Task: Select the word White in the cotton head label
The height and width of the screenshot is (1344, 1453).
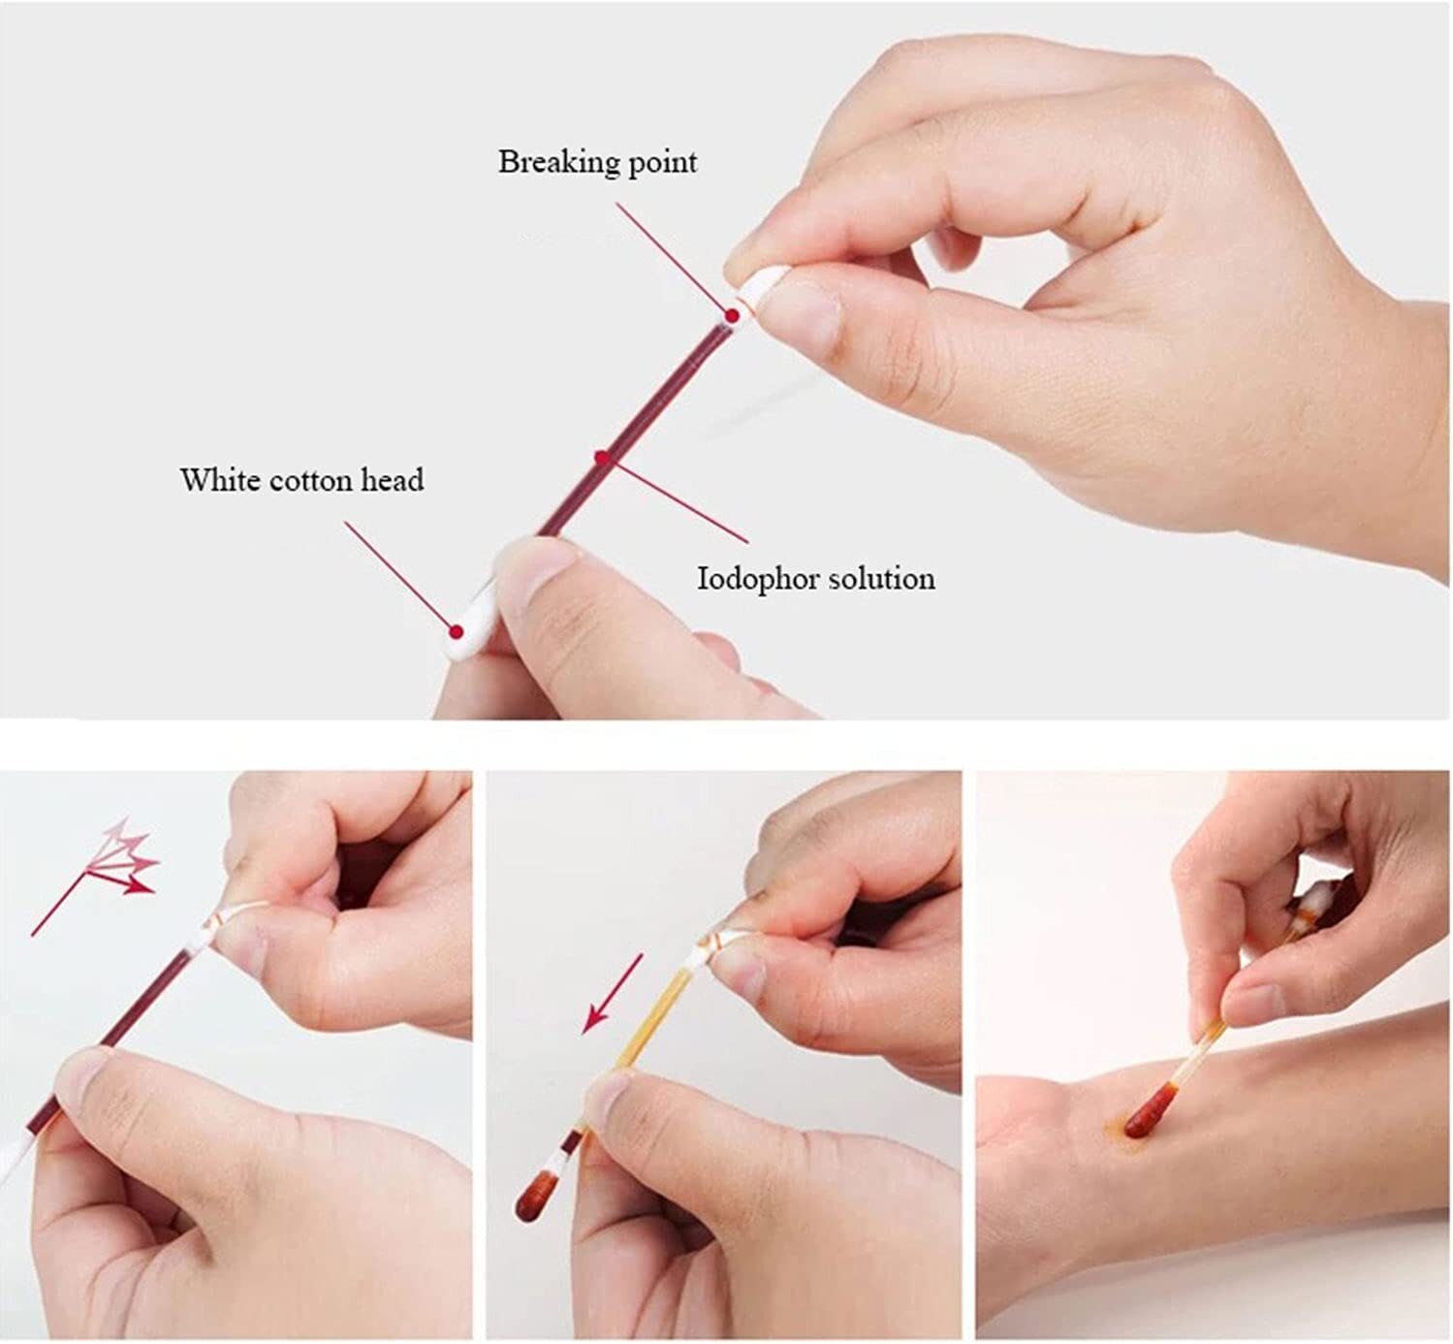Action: click(x=220, y=480)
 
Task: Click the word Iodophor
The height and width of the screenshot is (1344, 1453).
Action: click(x=758, y=579)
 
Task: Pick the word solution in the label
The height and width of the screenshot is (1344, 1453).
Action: click(x=882, y=579)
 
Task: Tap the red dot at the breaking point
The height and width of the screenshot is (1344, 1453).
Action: click(x=732, y=316)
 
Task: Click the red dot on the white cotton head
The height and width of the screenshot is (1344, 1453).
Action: click(x=457, y=631)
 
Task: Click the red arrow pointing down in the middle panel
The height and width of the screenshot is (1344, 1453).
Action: click(x=612, y=993)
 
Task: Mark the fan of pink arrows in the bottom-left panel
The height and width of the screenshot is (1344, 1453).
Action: click(x=95, y=876)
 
